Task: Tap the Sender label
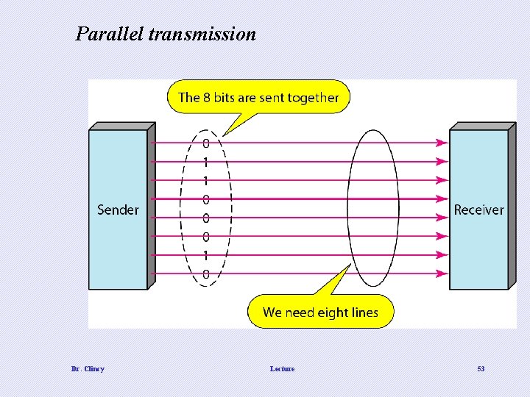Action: pos(118,210)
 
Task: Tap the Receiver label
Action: pos(478,210)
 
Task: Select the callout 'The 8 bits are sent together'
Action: pos(258,97)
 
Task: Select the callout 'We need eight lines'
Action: pos(320,312)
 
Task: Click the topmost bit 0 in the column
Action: pos(206,143)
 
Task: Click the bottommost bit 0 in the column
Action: pos(206,274)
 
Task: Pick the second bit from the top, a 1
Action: pos(206,161)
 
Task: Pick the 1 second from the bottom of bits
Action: pos(206,255)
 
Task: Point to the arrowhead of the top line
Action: pos(442,143)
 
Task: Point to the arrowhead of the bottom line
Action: pos(442,274)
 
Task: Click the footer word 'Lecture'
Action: pos(282,368)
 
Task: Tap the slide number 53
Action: pos(481,368)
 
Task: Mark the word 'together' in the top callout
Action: pos(313,98)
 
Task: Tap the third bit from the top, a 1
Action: pos(206,180)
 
